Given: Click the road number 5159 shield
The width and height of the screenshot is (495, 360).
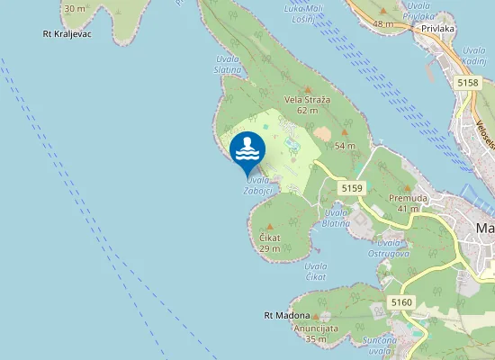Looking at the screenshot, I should [351, 188].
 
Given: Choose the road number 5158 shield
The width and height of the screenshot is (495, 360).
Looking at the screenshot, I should [468, 83].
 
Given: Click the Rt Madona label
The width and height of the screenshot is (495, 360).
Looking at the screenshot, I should [286, 316].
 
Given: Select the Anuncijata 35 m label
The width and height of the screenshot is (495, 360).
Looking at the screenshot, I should [315, 334].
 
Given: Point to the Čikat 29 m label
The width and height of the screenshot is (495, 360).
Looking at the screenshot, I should [270, 242].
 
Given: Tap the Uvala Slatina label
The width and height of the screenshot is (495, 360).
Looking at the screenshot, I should [228, 65].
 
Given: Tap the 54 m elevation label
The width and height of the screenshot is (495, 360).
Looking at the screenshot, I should [346, 146].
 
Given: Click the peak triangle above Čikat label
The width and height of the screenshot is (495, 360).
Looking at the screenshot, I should [268, 226].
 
